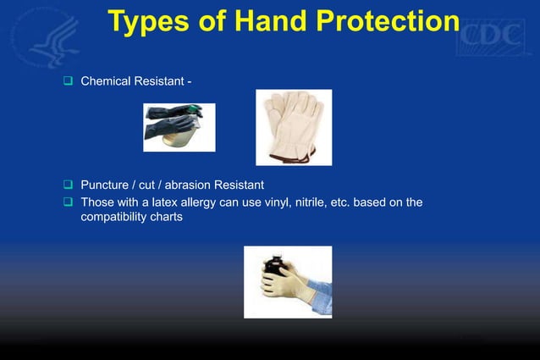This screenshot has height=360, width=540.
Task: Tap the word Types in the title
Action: point(150,22)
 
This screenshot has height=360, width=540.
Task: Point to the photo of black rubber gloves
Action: point(179,127)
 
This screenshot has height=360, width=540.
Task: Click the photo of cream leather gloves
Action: point(294,127)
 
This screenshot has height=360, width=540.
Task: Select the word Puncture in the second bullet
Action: point(106,185)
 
